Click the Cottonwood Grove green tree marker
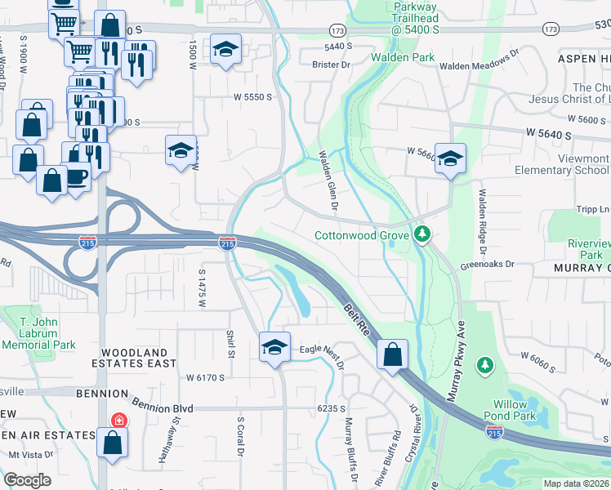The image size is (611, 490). point(422,235)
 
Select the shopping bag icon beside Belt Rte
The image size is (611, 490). point(392,355)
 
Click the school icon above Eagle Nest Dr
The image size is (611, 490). point(275,347)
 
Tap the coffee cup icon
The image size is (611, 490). point(77,176)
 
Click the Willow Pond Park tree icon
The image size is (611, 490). point(485,363)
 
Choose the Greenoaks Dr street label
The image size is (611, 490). point(488,264)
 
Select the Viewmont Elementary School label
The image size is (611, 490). point(562,164)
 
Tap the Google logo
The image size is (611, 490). point(28,479)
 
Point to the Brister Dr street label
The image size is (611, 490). point(334,63)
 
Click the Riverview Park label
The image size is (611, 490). point(589,249)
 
